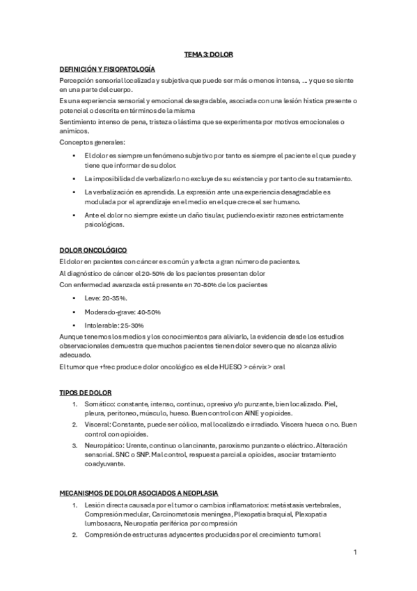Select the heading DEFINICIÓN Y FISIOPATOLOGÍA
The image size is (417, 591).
107,70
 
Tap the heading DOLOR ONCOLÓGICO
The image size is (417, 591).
93,250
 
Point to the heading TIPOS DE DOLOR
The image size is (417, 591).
86,393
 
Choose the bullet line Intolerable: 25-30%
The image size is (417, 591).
114,325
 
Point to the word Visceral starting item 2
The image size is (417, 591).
98,424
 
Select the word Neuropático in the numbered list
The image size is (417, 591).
104,445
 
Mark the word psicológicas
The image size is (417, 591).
104,225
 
